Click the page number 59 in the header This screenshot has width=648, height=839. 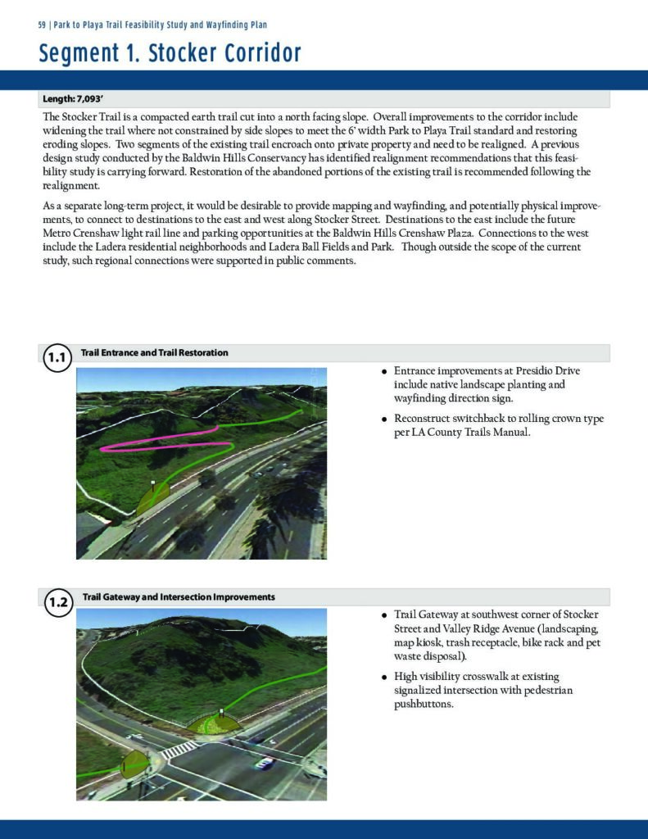click(43, 25)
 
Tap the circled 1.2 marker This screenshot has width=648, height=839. click(57, 604)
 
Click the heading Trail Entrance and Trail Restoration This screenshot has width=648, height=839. click(154, 352)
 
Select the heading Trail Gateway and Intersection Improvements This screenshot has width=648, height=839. click(179, 596)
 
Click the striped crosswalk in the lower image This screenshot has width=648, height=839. click(179, 747)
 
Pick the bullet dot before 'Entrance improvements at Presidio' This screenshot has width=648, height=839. click(383, 372)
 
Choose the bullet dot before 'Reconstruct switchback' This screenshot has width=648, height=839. click(383, 419)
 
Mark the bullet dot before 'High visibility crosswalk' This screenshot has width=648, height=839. click(383, 678)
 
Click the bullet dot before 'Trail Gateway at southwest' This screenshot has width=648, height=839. click(383, 615)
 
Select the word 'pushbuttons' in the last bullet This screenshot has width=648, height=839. click(424, 704)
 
